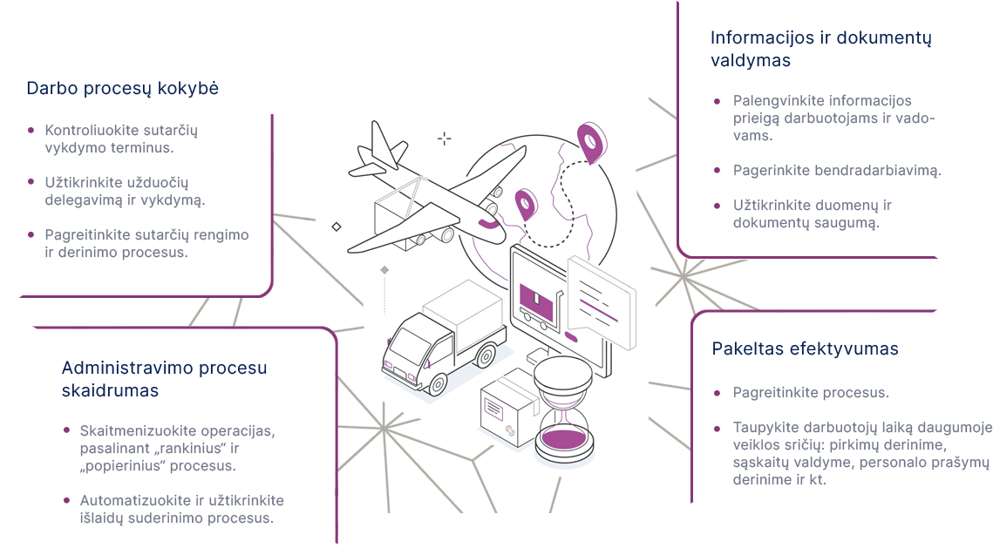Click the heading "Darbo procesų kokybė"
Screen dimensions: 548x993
[x=122, y=89]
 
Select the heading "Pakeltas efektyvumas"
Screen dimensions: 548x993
[x=805, y=349]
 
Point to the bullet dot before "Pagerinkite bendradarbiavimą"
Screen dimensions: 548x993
[x=717, y=171]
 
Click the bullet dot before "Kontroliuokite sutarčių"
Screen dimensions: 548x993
[x=31, y=130]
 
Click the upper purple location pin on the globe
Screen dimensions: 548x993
[x=590, y=143]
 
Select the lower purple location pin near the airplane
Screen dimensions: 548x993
[x=525, y=204]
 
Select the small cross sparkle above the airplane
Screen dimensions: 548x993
[x=445, y=139]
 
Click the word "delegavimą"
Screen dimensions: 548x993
[x=83, y=200]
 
